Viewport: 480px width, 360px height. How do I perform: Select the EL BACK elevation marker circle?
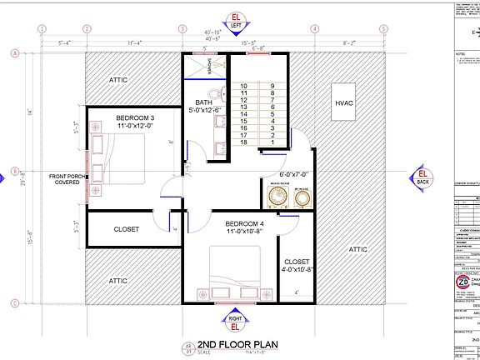pyautogui.click(x=422, y=176)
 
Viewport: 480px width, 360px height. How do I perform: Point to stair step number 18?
pyautogui.click(x=244, y=142)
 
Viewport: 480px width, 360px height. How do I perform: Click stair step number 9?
pyautogui.click(x=272, y=86)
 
